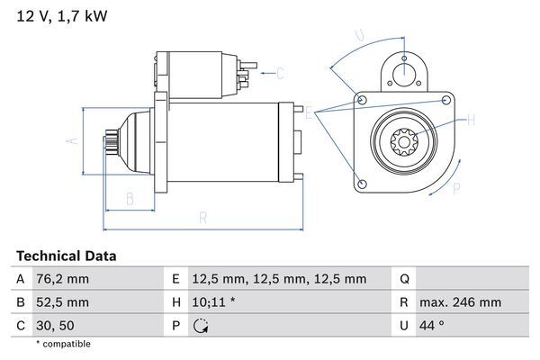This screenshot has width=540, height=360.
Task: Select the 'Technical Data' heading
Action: coord(66,256)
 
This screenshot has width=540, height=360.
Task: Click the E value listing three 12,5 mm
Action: coord(280,279)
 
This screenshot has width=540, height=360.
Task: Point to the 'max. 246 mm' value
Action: coord(459,302)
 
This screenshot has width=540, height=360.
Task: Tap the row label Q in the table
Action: coord(404,279)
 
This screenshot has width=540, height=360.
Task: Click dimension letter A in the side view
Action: coord(75,140)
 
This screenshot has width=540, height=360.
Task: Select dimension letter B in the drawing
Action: coord(130,197)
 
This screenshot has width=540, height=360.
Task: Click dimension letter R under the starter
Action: coord(203,217)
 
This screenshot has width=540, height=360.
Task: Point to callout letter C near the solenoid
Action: coord(280,73)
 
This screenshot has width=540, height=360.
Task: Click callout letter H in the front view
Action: coord(472,118)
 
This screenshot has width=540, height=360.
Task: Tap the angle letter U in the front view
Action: coord(359,36)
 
